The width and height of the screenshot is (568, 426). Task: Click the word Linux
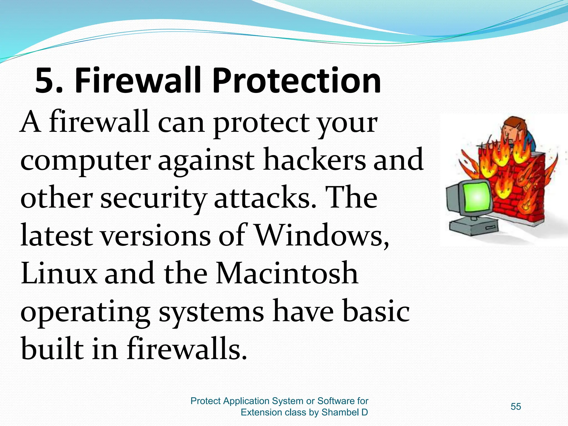click(59, 273)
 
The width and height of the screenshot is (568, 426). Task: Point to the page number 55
click(516, 407)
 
